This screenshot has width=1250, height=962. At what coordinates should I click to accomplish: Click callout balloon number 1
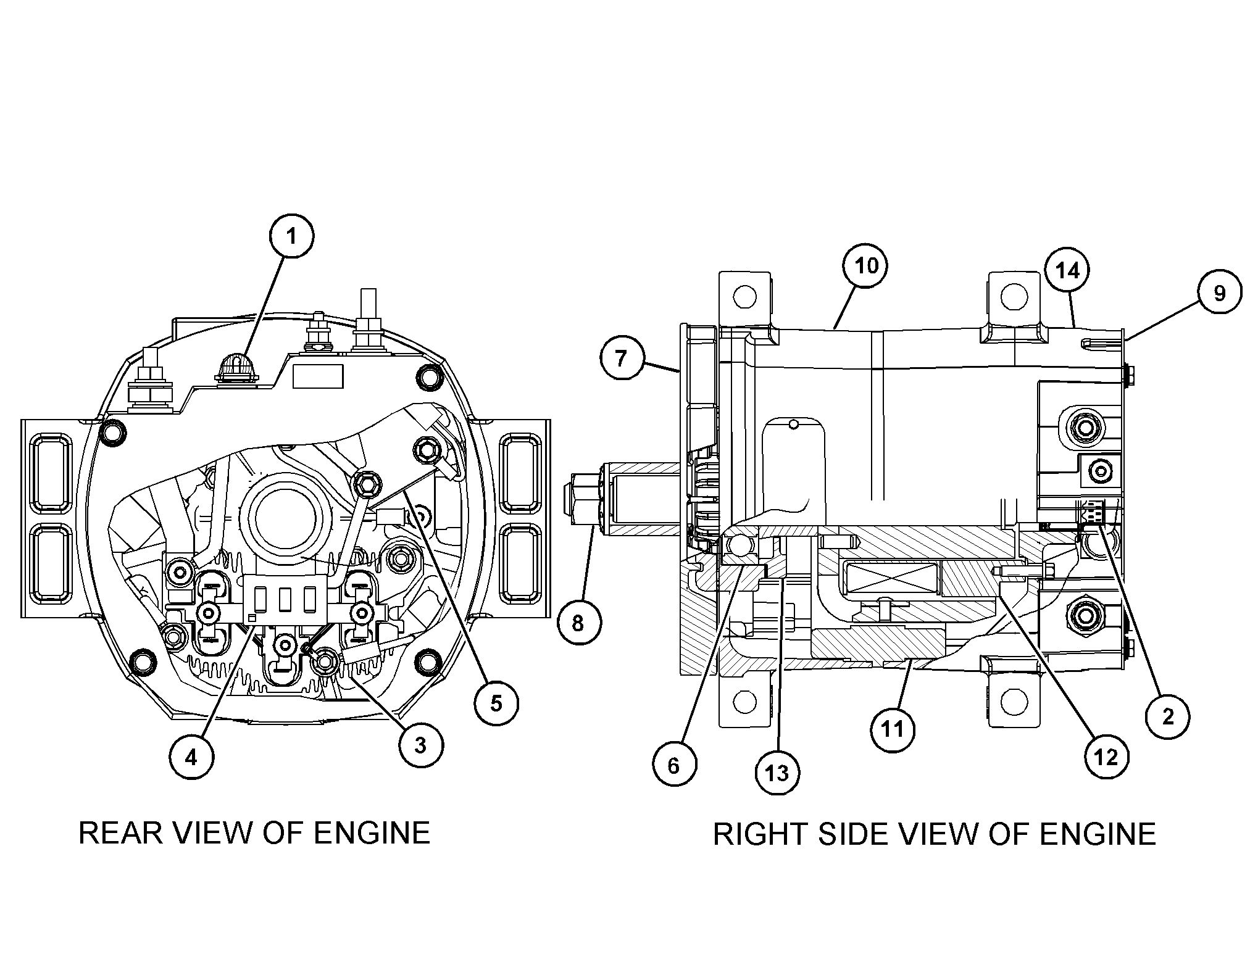point(292,236)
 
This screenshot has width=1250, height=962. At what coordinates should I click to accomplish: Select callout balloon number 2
point(1167,717)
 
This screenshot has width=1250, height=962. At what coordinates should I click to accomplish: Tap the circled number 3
point(420,745)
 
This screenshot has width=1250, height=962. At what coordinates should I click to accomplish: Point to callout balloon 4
point(191,757)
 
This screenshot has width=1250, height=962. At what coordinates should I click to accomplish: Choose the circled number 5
point(496,703)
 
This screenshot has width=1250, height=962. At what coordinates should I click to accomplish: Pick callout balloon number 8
point(578,623)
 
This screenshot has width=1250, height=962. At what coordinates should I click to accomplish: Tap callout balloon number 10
point(865,266)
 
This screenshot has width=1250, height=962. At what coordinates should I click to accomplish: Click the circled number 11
point(893,729)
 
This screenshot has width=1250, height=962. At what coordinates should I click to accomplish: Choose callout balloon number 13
point(778,772)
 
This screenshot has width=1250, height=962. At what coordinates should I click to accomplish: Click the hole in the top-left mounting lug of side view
point(745,296)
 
